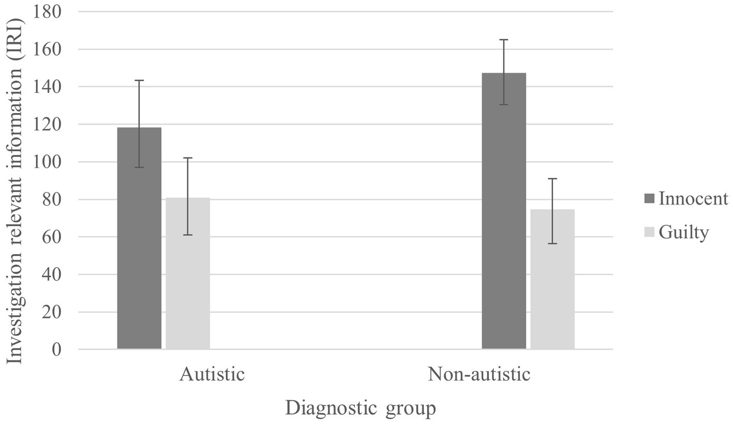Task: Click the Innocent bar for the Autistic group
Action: pos(139,238)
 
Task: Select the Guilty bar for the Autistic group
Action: pos(188,274)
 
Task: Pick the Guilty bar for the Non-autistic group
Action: pos(552,279)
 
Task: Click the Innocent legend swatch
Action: pos(649,198)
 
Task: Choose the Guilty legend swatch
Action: pos(649,232)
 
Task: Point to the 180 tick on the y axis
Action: pos(47,12)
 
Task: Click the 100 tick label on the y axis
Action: pos(47,162)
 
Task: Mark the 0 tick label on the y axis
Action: pos(56,350)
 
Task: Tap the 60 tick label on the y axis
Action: pos(51,237)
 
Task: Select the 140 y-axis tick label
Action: pos(47,87)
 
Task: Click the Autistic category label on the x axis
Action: pos(212,374)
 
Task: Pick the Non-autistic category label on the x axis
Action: pos(479,374)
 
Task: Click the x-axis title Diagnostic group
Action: pos(360,408)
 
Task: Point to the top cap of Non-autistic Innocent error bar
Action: pos(503,40)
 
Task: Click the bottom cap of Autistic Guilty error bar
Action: pos(188,235)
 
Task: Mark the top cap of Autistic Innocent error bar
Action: pos(139,81)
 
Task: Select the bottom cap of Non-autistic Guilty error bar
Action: pos(552,243)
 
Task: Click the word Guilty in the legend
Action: pos(683,232)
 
